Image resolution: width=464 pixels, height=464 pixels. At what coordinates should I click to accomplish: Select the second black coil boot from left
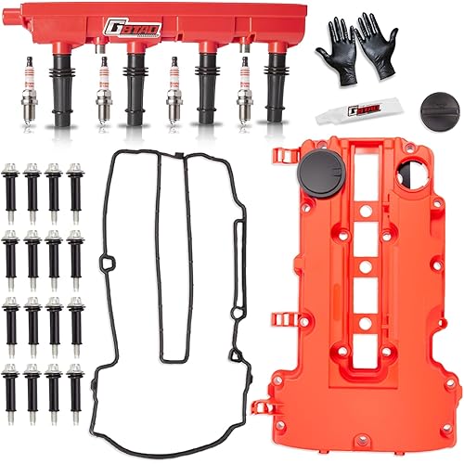coord(135,93)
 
